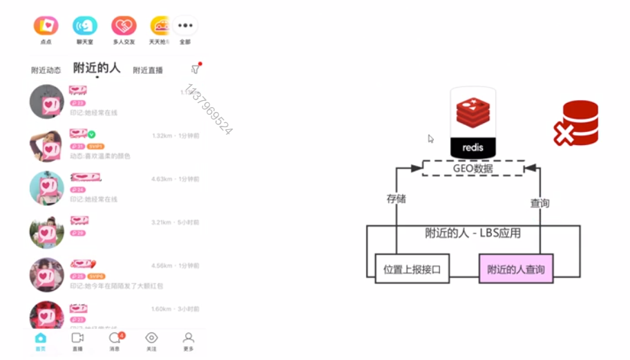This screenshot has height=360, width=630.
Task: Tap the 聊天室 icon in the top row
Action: tap(85, 26)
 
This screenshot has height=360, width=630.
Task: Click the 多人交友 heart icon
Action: tap(124, 26)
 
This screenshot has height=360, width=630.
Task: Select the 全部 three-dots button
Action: tap(184, 26)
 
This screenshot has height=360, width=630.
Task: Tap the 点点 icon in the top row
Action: tap(46, 26)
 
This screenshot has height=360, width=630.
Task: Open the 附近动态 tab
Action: tap(46, 70)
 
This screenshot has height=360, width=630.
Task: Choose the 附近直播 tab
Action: tap(148, 70)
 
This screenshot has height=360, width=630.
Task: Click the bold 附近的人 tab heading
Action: tap(97, 68)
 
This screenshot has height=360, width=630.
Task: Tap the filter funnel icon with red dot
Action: tap(195, 69)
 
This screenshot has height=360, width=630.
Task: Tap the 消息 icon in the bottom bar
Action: tap(115, 338)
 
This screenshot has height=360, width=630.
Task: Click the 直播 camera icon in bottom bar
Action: tap(77, 338)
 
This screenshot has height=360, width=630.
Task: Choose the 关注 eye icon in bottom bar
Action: tap(151, 338)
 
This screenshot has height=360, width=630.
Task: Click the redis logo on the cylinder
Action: tap(473, 114)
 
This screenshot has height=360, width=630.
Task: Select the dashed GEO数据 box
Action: tap(472, 168)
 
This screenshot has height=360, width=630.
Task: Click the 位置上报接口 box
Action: tap(412, 269)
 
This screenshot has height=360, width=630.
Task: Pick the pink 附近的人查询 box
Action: tap(516, 269)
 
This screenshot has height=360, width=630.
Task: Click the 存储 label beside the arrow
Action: tap(396, 199)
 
